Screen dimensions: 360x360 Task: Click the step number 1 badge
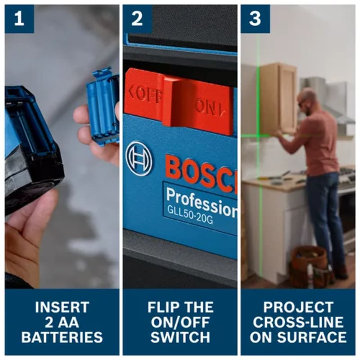tap(19, 19)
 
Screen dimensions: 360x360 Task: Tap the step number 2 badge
tap(137, 19)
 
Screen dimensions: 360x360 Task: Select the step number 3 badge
tap(255, 19)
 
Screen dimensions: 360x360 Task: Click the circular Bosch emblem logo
tap(139, 158)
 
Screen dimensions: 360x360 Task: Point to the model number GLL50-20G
tap(189, 215)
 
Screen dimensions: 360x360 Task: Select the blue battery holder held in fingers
tap(103, 106)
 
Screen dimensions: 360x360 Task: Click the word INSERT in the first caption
tap(62, 307)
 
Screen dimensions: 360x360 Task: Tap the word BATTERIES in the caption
tap(62, 337)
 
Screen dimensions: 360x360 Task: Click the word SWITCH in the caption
tap(180, 337)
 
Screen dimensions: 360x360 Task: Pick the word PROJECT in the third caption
tap(298, 307)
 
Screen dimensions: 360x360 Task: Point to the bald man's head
tap(306, 99)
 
